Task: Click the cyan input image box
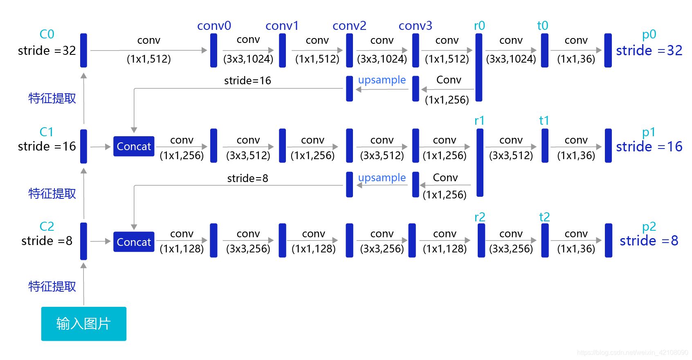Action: click(x=83, y=324)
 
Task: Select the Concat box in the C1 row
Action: click(x=134, y=146)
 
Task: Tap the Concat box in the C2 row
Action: click(x=134, y=242)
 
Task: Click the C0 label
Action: click(x=47, y=34)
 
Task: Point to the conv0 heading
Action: click(x=214, y=26)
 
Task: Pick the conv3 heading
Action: click(x=415, y=26)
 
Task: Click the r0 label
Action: click(x=479, y=26)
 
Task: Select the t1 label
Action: click(x=544, y=121)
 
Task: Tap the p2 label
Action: click(x=649, y=226)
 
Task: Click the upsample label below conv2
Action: click(x=382, y=80)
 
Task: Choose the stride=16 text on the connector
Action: click(x=247, y=81)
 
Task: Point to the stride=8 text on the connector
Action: click(x=247, y=178)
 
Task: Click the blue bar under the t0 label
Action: click(x=544, y=50)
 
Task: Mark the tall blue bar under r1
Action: click(x=480, y=162)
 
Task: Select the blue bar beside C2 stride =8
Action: click(x=83, y=241)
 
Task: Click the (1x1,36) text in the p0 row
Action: click(x=576, y=59)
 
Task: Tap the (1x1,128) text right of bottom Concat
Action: click(x=182, y=249)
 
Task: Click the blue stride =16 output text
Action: click(x=649, y=146)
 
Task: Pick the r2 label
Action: click(x=480, y=217)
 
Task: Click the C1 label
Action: click(x=47, y=132)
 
